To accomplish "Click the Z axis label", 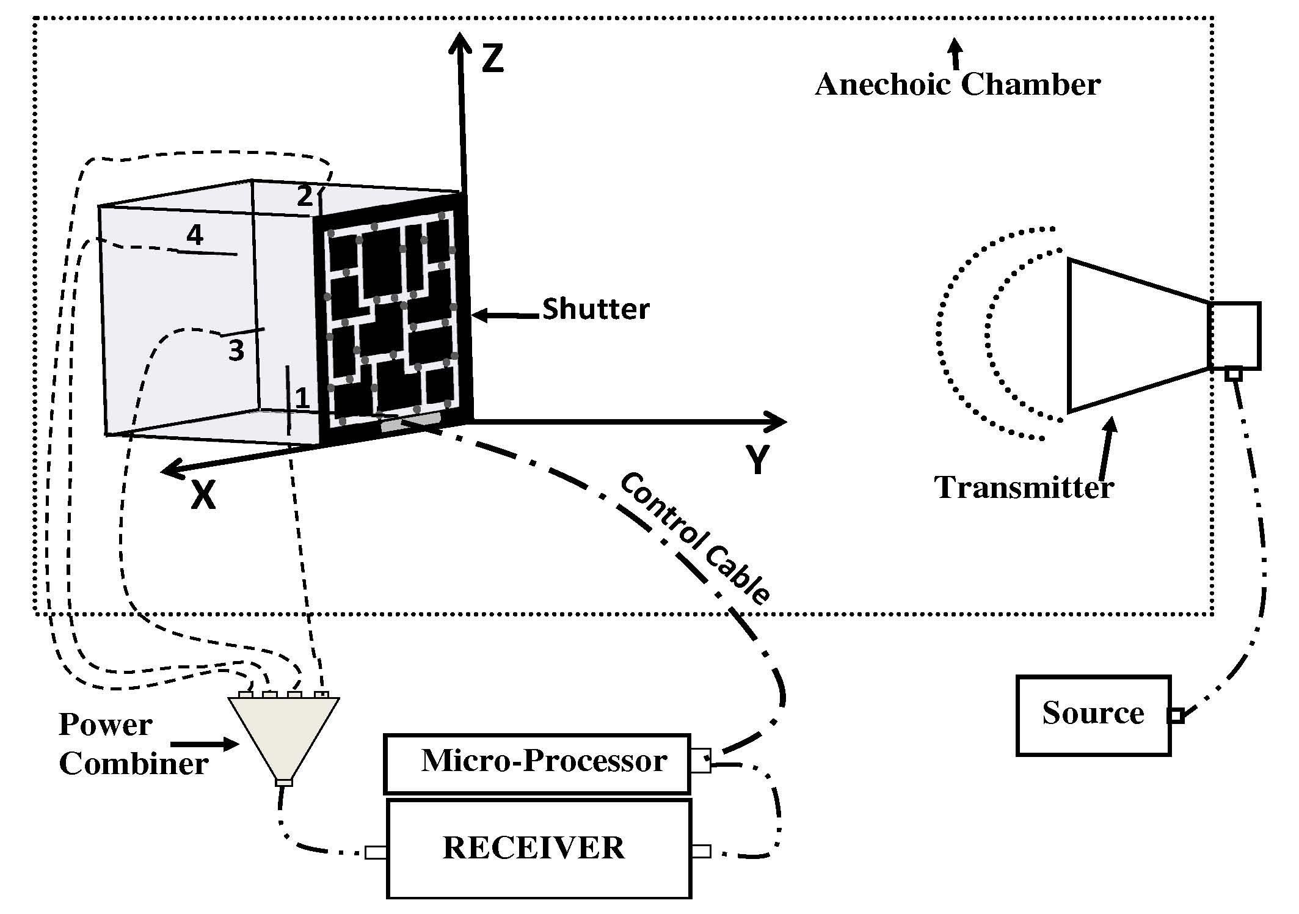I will pos(492,60).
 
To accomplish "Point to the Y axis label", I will pos(757,459).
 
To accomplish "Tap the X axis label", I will pos(203,495).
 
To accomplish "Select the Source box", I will pos(1093,715).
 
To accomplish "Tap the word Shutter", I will pos(595,309).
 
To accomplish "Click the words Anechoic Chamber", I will pos(957,85).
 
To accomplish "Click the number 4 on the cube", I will pos(195,235).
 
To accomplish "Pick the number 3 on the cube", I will pos(236,351).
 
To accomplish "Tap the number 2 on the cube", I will pos(304,196).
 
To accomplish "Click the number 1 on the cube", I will pos(302,398).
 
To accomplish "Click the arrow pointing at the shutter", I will pos(506,315).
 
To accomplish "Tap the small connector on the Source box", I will pos(1176,715).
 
